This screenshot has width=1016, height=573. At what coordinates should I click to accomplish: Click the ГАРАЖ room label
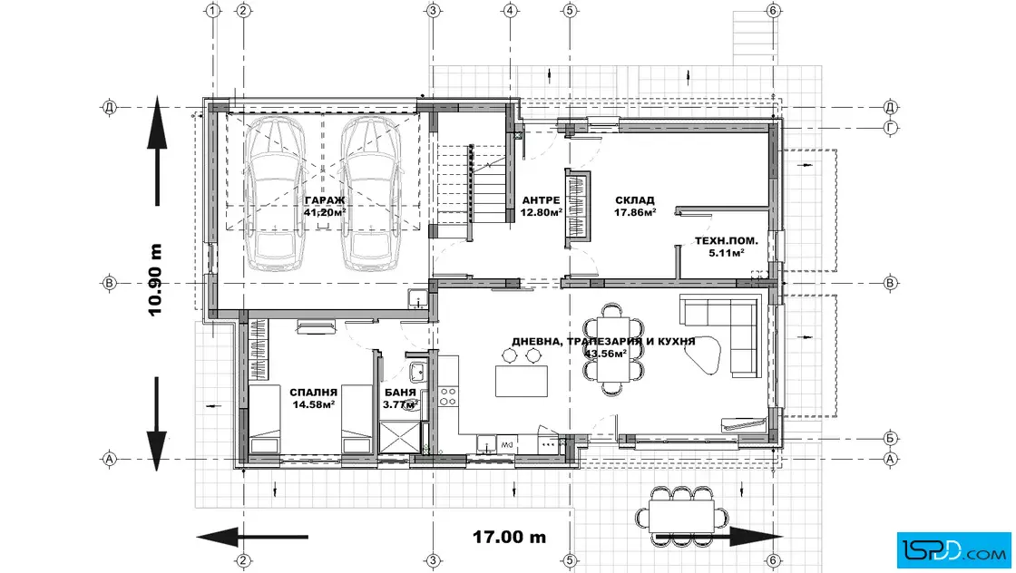325,200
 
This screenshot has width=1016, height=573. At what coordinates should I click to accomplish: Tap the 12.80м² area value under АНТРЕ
541,212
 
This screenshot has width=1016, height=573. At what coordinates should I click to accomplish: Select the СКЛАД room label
634,200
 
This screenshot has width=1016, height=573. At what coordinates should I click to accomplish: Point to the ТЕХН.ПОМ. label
726,241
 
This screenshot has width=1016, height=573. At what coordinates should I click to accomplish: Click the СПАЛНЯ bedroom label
314,393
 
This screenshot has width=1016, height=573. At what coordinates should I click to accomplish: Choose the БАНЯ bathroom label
400,393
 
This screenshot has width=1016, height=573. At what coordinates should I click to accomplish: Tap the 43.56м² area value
605,354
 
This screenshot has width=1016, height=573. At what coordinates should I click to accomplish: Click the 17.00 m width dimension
509,537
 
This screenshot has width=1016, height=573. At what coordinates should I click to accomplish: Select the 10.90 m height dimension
155,280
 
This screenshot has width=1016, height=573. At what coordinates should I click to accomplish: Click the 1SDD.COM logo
953,551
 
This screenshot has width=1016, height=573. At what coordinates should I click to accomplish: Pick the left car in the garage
275,193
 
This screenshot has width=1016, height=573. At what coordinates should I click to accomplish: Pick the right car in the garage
371,193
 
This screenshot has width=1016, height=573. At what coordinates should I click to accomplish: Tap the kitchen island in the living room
522,381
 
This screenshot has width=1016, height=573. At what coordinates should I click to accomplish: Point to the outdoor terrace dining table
681,516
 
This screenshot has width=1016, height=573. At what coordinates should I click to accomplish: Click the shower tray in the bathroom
399,436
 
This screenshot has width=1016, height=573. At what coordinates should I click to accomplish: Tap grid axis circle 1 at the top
212,10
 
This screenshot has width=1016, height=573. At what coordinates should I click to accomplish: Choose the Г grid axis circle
891,128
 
